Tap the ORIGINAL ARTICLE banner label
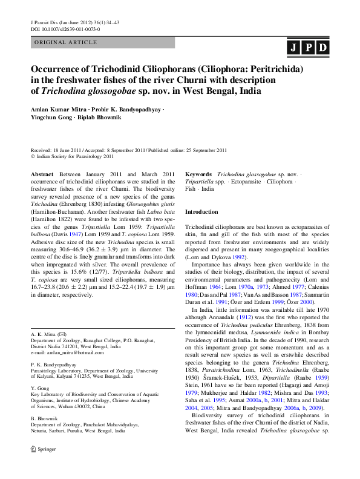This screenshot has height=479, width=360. [65, 43]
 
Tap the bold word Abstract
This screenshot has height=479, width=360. [42, 173]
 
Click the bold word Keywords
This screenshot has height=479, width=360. [198, 173]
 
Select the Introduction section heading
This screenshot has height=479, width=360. [201, 212]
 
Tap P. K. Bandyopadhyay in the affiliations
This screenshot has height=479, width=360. [59, 365]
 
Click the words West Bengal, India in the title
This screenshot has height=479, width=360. [223, 91]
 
